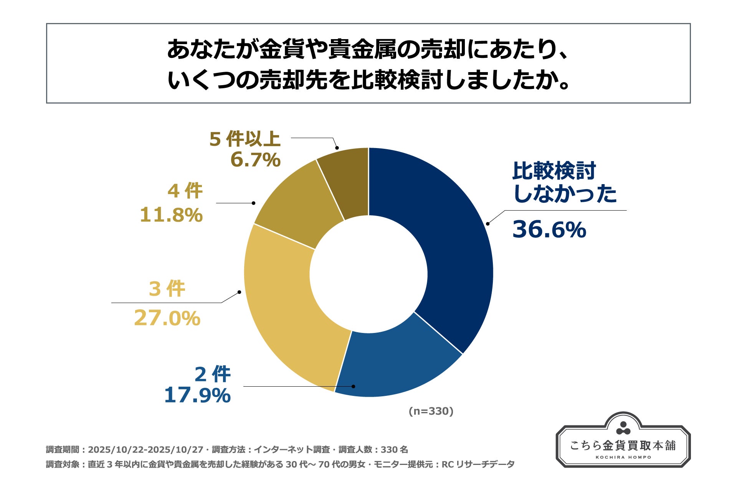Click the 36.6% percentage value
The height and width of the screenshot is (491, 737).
[549, 229]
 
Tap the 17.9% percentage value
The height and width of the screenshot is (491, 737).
[197, 395]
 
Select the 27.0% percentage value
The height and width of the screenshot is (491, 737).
[167, 318]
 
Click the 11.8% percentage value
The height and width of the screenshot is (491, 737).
[171, 214]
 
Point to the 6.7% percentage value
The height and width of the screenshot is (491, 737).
[255, 160]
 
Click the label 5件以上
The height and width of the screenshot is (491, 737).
[245, 139]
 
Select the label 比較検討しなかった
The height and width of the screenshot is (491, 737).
[564, 182]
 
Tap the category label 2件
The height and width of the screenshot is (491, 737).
[212, 374]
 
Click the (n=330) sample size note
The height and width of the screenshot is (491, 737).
[431, 411]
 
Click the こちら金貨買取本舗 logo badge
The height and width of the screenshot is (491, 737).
[623, 441]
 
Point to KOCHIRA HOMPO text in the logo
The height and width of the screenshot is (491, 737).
[623, 457]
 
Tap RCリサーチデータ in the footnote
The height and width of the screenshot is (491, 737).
[478, 465]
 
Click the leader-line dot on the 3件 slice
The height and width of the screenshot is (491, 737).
[239, 292]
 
